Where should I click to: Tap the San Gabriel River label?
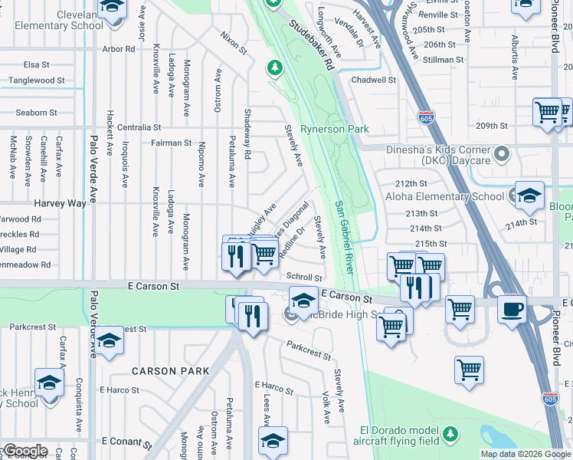pos(345,238)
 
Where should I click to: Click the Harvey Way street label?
pos(60,203)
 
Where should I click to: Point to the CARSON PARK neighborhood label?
pos(170,371)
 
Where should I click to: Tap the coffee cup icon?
pos(512,308)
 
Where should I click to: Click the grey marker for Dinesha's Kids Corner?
pos(502,156)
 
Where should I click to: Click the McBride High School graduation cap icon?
pos(303,299)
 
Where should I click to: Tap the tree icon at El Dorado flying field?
pos(451,434)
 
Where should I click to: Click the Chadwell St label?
pos(373,80)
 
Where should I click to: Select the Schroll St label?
pos(304,277)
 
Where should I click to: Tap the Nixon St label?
pos(234,43)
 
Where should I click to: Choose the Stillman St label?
pos(443,59)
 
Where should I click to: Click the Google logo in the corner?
pos(25,451)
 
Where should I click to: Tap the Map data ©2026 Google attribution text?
pos(526,454)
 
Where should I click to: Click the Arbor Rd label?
pos(119,49)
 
